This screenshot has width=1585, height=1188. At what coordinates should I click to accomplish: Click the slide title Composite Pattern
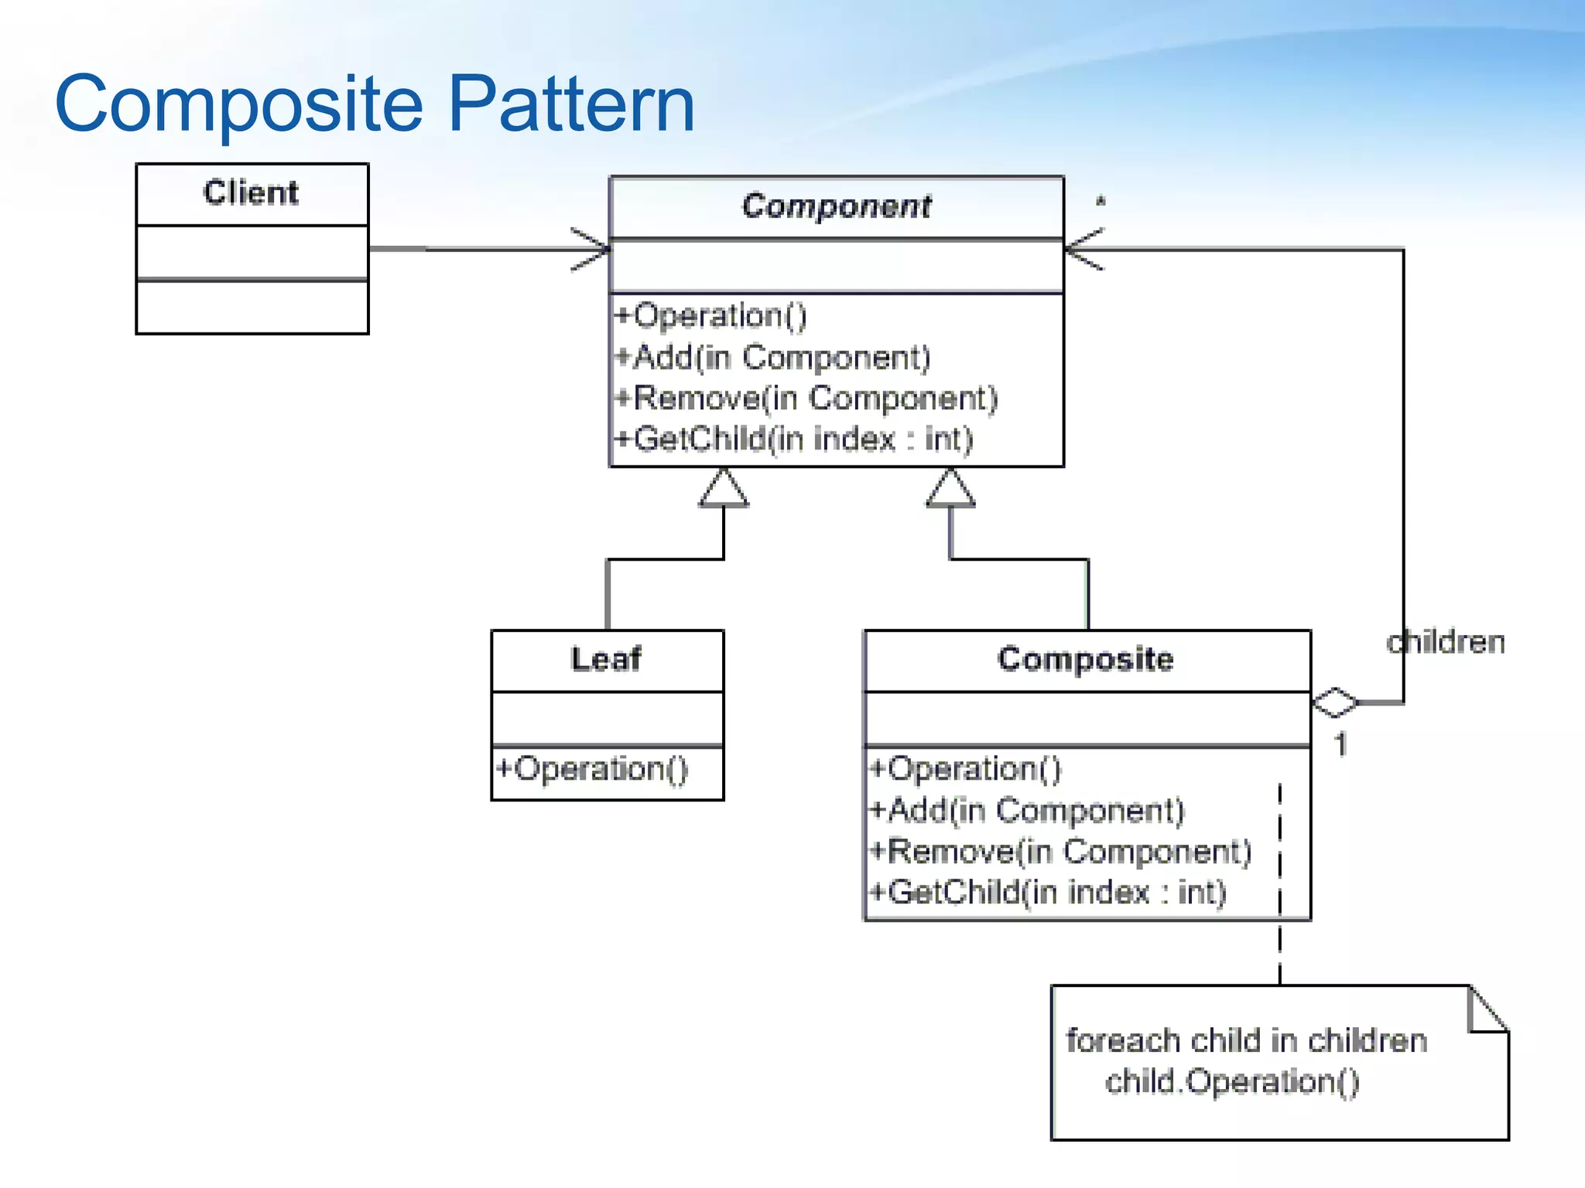click(375, 104)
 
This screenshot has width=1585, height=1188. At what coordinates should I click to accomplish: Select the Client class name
click(251, 193)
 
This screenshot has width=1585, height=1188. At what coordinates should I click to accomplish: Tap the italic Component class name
click(836, 206)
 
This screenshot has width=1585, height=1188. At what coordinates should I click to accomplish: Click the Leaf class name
click(606, 659)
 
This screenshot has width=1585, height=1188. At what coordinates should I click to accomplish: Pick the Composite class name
click(1085, 659)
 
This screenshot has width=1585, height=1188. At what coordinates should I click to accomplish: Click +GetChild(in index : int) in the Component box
click(793, 439)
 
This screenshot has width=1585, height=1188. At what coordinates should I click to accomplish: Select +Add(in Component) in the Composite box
click(1027, 811)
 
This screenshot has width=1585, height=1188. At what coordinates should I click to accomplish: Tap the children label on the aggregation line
click(1446, 643)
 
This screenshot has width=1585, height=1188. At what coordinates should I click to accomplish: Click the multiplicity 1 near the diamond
click(1340, 744)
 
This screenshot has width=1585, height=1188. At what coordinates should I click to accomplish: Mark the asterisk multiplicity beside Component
click(1101, 203)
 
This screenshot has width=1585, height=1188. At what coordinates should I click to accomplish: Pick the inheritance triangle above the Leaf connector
click(724, 490)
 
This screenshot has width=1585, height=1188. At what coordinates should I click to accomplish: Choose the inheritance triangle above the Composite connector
click(950, 490)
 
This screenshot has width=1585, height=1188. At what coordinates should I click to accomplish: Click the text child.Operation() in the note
click(1231, 1081)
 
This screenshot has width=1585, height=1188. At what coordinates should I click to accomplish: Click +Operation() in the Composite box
click(965, 769)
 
